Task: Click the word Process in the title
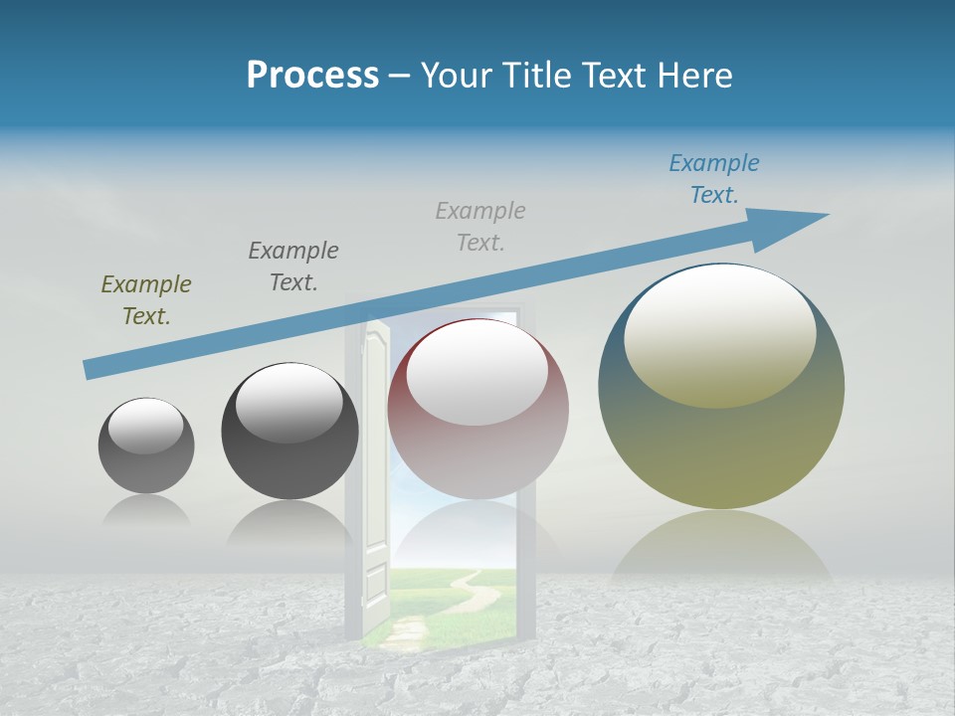tap(312, 75)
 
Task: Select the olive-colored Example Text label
tap(146, 299)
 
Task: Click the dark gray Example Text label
tap(293, 266)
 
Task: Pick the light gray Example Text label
tap(480, 226)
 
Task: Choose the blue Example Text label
tap(714, 178)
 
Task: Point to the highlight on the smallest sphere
tap(146, 426)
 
